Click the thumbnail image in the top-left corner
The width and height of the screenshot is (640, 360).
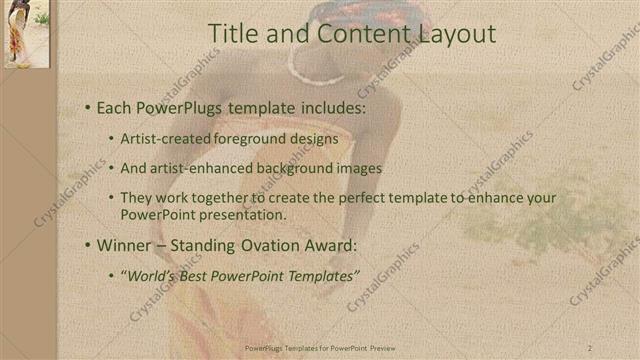(26, 34)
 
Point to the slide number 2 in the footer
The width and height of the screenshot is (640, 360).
(591, 347)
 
